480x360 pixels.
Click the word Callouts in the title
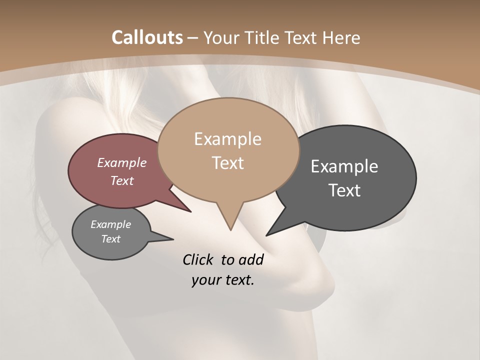click(147, 37)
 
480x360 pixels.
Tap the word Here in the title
click(342, 37)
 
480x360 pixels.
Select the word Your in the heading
click(221, 37)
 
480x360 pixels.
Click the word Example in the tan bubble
click(228, 139)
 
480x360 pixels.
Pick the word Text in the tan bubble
click(228, 163)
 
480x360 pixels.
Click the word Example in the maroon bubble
click(122, 162)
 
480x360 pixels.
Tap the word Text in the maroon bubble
click(122, 180)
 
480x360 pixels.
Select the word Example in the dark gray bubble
click(344, 166)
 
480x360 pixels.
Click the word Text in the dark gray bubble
click(344, 190)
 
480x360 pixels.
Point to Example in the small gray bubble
click(111, 224)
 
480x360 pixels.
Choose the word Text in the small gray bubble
click(111, 239)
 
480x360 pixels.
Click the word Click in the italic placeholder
click(198, 259)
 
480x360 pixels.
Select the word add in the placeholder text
click(251, 259)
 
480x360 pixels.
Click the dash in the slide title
click(193, 37)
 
